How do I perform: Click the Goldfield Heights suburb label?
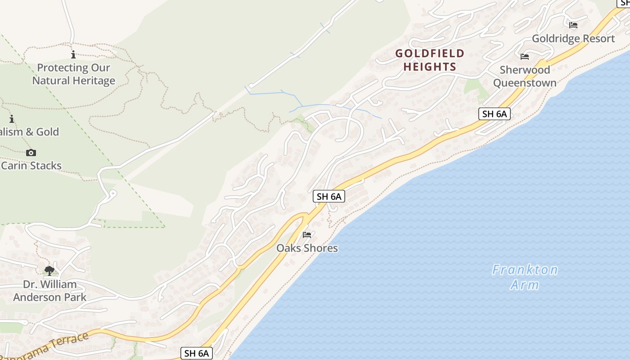click(429, 60)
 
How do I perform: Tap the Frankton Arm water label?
click(525, 277)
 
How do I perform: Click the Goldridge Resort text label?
click(573, 39)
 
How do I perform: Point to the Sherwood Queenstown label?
click(525, 76)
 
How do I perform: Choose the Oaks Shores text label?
click(307, 248)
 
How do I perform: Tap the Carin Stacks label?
click(31, 166)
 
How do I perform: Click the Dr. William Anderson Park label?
click(50, 291)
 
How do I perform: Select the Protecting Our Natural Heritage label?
click(73, 74)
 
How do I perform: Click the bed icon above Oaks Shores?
click(307, 235)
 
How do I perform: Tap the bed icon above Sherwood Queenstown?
click(524, 57)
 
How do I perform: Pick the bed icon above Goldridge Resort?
click(573, 25)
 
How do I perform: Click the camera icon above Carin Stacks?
click(31, 153)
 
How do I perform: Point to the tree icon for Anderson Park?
click(49, 270)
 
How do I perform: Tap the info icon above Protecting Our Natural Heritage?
click(73, 55)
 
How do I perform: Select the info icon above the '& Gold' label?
click(12, 119)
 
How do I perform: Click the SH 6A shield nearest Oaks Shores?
click(328, 196)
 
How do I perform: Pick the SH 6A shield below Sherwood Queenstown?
click(494, 114)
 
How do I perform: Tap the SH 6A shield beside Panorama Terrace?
click(196, 353)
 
